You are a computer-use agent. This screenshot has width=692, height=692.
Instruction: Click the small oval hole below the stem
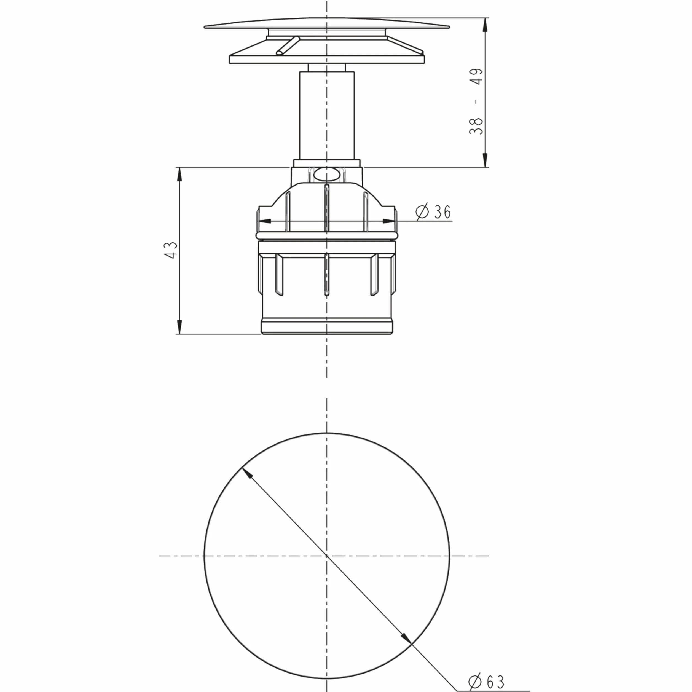point(326,175)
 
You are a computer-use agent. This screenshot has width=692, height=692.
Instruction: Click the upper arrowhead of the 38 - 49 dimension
point(485,25)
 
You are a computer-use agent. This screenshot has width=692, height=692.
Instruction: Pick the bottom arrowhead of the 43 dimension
point(179,327)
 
